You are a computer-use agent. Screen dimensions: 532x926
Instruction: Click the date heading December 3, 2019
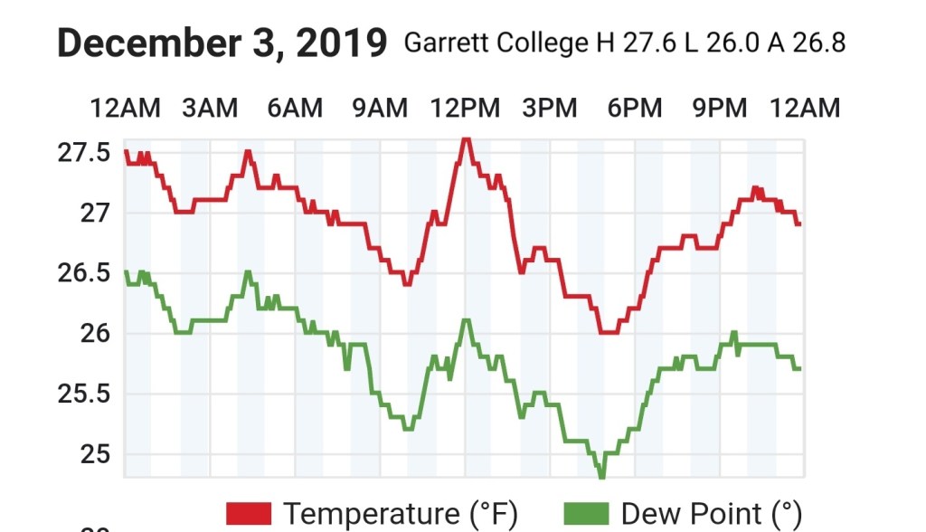[x=222, y=43]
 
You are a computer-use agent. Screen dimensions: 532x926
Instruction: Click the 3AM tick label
[x=210, y=109]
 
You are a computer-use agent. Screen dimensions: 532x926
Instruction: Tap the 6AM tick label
[x=295, y=109]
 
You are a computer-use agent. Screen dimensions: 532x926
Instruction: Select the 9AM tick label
[x=380, y=109]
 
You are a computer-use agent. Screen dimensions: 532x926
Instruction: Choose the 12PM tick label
[x=465, y=109]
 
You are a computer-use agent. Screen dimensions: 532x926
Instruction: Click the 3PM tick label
[x=550, y=109]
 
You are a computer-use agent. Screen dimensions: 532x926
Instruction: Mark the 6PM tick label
[x=635, y=109]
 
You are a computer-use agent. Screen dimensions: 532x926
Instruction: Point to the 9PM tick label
[x=720, y=109]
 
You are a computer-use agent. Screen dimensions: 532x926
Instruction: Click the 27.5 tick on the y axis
[x=84, y=152]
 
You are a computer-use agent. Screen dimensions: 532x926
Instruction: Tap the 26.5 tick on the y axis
[x=84, y=273]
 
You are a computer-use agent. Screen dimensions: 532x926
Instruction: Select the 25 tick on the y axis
[x=95, y=454]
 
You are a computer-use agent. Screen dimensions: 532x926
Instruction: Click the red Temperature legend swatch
[x=249, y=513]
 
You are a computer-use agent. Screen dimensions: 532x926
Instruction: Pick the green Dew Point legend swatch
[x=587, y=513]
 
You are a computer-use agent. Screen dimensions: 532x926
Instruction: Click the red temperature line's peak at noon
[x=466, y=139]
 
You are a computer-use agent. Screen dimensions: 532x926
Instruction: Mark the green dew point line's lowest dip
[x=601, y=475]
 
